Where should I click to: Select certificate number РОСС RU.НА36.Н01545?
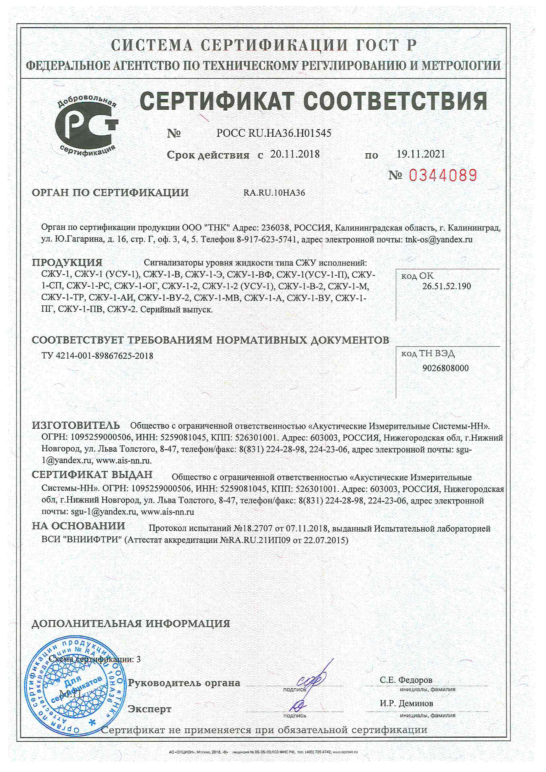[x=274, y=133]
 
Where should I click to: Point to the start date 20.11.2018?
[x=295, y=154]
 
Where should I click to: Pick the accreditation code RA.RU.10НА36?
[x=274, y=193]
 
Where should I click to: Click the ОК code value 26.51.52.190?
[x=446, y=286]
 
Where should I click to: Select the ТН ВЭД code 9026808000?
[x=445, y=368]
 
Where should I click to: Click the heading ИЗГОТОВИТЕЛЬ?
[x=76, y=425]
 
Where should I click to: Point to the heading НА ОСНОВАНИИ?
[x=78, y=526]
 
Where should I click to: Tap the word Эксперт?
[x=150, y=709]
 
